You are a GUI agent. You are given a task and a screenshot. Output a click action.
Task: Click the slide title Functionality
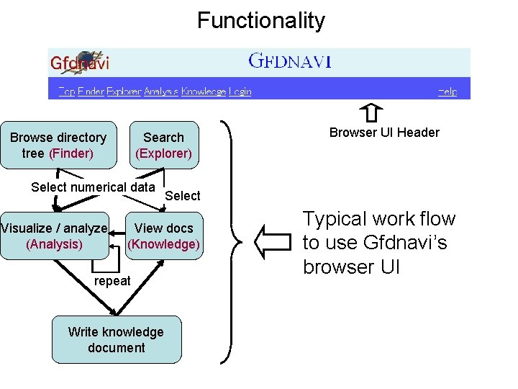[x=260, y=20]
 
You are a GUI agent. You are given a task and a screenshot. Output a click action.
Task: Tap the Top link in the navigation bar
[x=66, y=91]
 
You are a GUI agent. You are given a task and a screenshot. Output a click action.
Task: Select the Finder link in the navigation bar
[x=91, y=91]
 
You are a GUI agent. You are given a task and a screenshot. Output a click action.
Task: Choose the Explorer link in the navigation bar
[x=124, y=91]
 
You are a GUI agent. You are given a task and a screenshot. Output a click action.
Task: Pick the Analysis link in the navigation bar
[x=161, y=91]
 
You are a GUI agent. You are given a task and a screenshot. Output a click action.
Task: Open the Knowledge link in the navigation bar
[x=203, y=91]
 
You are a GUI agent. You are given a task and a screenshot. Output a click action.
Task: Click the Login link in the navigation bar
[x=240, y=91]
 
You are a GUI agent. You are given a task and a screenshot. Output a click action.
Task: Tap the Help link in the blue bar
[x=447, y=91]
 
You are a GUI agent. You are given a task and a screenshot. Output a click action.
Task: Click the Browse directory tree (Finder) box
[x=58, y=145]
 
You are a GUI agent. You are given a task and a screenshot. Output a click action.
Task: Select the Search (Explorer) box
[x=164, y=145]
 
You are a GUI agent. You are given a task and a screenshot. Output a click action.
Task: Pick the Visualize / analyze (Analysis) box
[x=54, y=236]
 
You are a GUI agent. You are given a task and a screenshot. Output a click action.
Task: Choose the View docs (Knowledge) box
[x=163, y=236]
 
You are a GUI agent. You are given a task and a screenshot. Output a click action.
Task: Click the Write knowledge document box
[x=116, y=339]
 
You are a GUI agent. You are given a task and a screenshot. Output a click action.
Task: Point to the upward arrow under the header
[x=370, y=112]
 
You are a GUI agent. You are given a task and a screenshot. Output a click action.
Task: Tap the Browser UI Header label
[x=384, y=132]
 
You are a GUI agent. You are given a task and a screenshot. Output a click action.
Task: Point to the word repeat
[x=112, y=281]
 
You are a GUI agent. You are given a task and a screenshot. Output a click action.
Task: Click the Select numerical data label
[x=93, y=187]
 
